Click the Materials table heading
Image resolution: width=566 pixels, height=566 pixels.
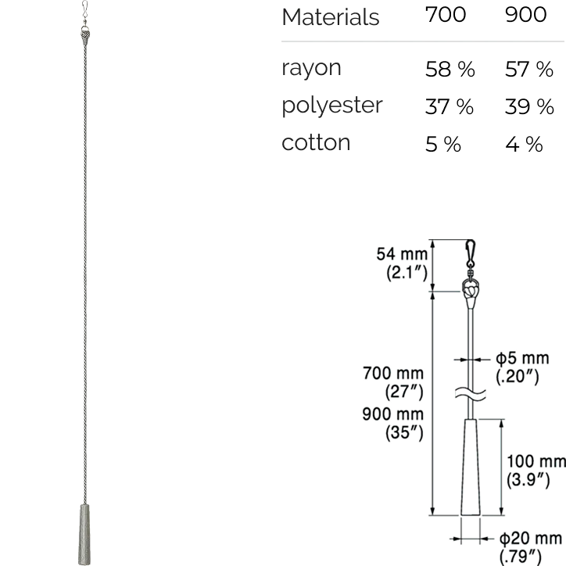click(x=330, y=17)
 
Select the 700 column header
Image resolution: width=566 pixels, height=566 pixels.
click(x=446, y=15)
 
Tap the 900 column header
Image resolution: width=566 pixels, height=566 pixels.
click(x=525, y=15)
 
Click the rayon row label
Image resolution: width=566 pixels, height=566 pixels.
click(x=311, y=68)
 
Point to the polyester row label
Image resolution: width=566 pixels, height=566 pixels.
click(x=331, y=106)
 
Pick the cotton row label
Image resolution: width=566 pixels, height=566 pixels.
click(x=316, y=142)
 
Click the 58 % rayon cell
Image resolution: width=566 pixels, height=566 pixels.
click(x=450, y=69)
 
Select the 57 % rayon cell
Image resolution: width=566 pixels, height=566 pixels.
click(x=528, y=69)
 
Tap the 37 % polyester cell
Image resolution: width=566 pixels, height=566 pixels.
click(x=449, y=106)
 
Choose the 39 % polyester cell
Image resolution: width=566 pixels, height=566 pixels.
click(x=529, y=106)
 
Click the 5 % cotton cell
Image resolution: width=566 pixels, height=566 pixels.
click(x=443, y=144)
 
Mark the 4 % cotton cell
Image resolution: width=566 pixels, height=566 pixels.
click(x=524, y=144)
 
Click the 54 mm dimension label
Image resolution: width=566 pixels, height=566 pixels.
click(x=402, y=254)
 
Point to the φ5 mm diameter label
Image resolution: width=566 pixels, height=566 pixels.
click(x=522, y=358)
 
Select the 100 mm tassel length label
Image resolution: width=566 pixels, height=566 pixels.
click(x=536, y=461)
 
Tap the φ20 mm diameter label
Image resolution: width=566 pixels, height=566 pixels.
click(x=531, y=539)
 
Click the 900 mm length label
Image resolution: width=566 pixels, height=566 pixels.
click(x=392, y=414)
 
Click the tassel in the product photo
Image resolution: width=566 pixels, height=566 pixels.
click(x=84, y=535)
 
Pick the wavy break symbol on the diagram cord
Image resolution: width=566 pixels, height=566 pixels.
click(x=470, y=393)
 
